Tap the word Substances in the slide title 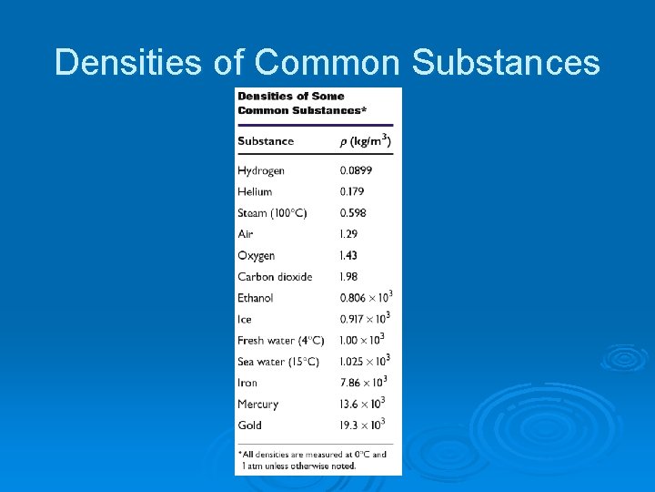tap(506, 63)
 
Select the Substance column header tap(266, 141)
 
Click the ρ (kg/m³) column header tap(365, 140)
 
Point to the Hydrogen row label tap(261, 171)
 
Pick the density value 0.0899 tap(356, 171)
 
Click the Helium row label tap(255, 192)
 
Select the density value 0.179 tap(352, 192)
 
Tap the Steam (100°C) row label tap(272, 213)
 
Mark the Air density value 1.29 tap(349, 235)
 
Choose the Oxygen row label tap(256, 256)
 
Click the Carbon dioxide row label tap(275, 277)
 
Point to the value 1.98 tap(349, 277)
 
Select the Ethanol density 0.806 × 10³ tap(365, 297)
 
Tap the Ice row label tap(245, 320)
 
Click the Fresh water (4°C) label tap(281, 341)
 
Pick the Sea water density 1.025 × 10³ tap(365, 361)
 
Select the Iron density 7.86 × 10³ tap(363, 383)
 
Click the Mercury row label tap(257, 405)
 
